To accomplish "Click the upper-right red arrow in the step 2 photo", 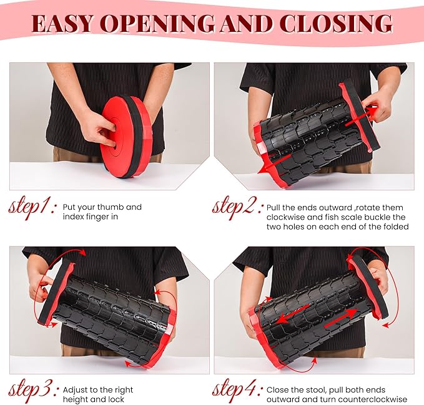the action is click(362, 116).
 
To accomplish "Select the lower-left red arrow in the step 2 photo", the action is click(273, 165).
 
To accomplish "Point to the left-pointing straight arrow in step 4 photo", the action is click(293, 314).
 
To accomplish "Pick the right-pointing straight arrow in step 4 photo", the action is click(341, 318).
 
